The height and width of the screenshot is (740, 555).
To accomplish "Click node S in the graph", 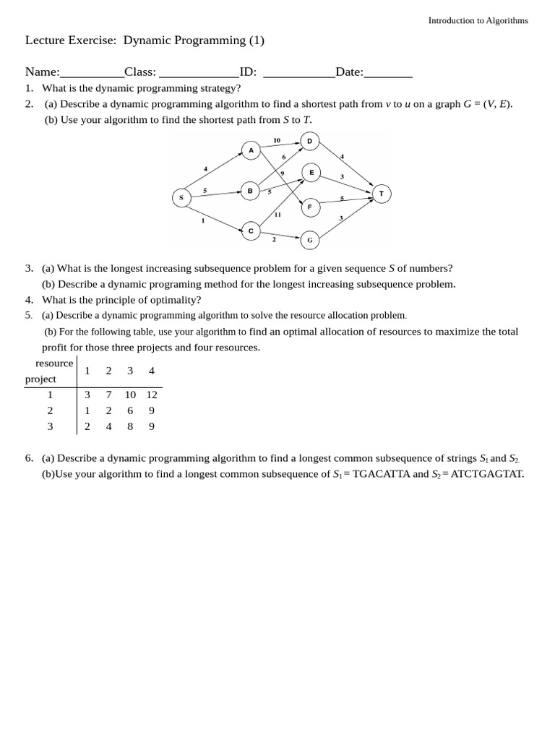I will pos(181,197).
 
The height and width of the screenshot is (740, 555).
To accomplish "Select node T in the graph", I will pos(382,194).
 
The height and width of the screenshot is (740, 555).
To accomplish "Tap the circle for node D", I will pos(309,141).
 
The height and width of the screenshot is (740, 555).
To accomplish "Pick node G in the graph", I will pos(310,240).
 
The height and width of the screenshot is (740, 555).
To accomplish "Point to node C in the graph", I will pos(251,231).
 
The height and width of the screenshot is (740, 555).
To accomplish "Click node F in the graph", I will pos(310,207).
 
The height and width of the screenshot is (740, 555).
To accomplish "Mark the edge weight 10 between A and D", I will pos(277,140).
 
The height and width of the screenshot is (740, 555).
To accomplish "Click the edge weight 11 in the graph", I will pos(277,215).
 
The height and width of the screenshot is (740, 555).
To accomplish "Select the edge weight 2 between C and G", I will pos(274,239).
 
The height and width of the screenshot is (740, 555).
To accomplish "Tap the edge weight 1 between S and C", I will pos(203,220).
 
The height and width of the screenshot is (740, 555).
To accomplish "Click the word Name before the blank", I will pos(41,72).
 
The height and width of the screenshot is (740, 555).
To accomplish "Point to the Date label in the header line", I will pos(349,72).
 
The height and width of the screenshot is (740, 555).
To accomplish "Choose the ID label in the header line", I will pos(248,72).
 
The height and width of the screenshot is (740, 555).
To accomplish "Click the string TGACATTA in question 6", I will pos(381,474).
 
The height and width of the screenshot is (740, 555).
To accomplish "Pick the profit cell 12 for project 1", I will pos(152,395).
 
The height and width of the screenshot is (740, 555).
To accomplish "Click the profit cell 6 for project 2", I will pos(130,410).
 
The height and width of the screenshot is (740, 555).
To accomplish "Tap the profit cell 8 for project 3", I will pos(130,426).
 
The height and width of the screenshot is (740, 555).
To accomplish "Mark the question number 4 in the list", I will pos(29,300).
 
